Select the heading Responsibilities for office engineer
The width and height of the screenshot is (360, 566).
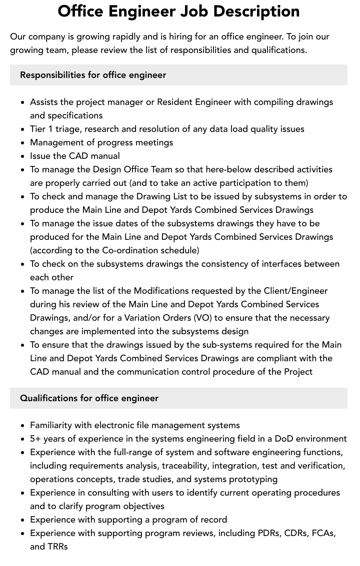[93, 75]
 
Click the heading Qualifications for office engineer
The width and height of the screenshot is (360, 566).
[89, 398]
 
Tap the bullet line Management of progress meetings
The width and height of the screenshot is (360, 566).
[101, 142]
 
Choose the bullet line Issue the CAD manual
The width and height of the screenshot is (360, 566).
[75, 156]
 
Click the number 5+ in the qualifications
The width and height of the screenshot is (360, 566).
[35, 439]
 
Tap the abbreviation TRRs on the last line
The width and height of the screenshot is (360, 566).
[58, 547]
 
